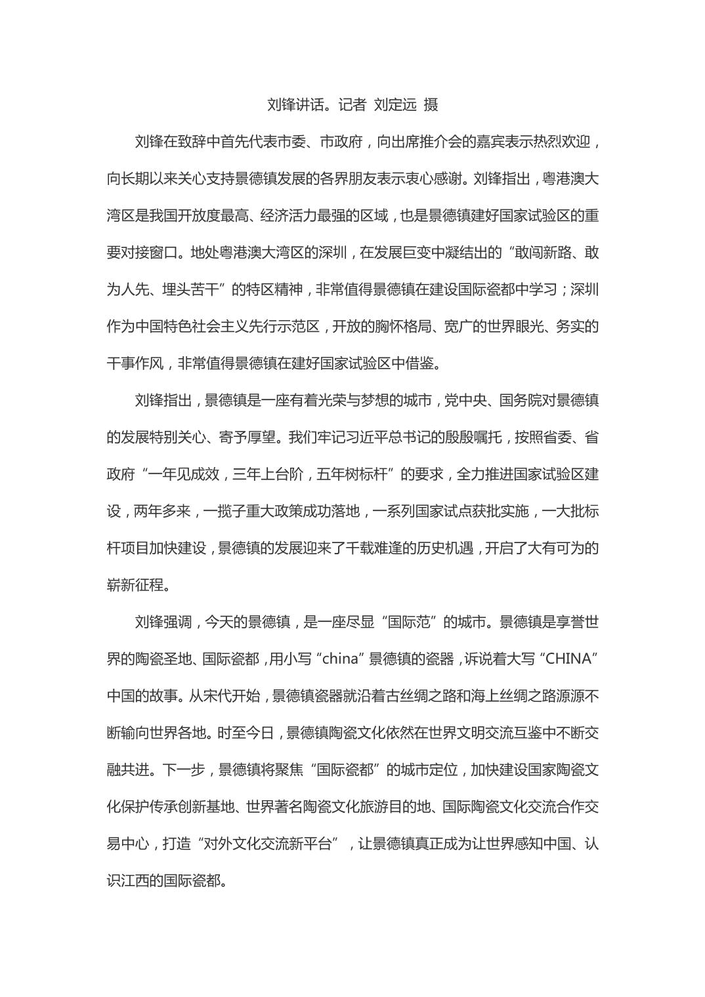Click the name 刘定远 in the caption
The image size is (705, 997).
(x=395, y=104)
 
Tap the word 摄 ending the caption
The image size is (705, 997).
(x=431, y=104)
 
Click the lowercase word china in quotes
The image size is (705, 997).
(x=339, y=659)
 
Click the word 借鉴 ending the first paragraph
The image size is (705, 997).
(x=423, y=363)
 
